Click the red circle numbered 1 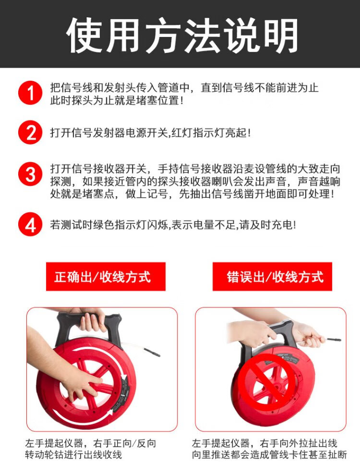coord(30,93)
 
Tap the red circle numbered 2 coord(30,133)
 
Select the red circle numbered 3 coord(30,174)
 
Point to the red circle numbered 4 coord(30,224)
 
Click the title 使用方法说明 coord(182,36)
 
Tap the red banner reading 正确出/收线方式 coord(106,277)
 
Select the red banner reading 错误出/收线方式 coord(272,277)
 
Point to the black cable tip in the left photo coord(152,352)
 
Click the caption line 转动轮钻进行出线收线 coord(73,455)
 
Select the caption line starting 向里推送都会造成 coord(270,455)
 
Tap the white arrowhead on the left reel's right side coord(123,377)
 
